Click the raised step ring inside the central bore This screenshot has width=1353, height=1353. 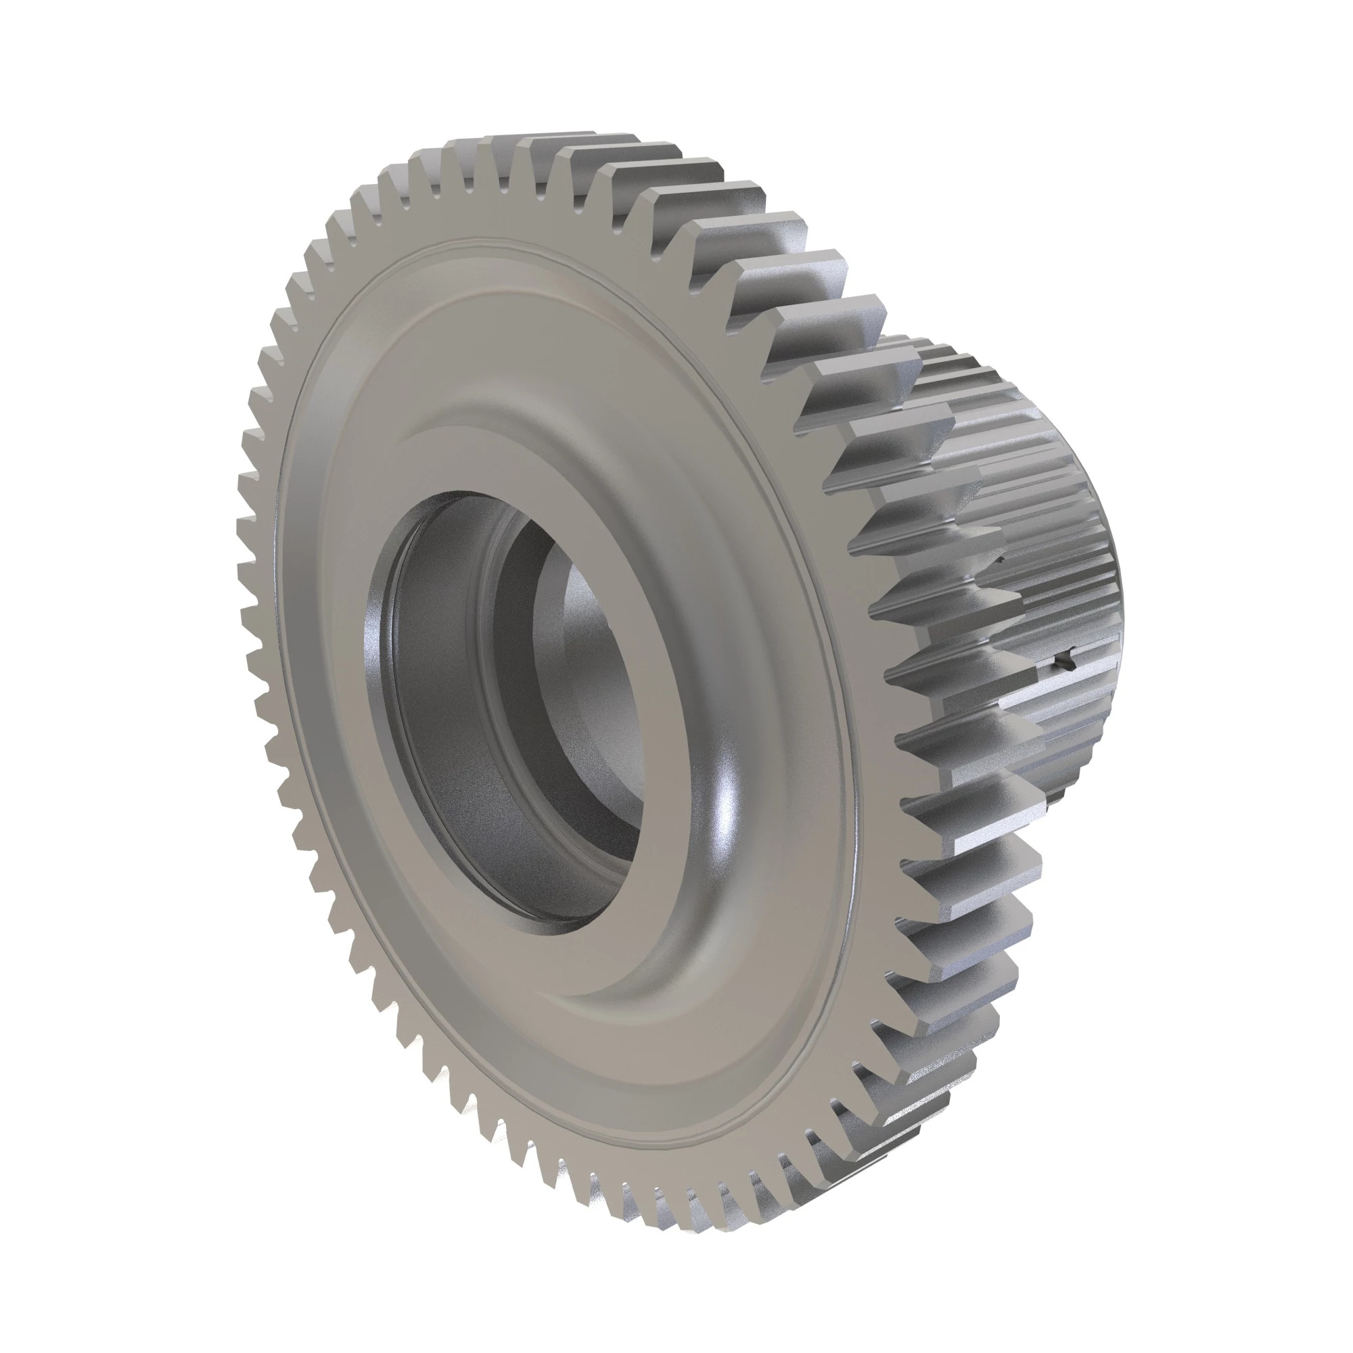pos(490,630)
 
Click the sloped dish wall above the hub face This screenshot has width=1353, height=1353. pos(490,406)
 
